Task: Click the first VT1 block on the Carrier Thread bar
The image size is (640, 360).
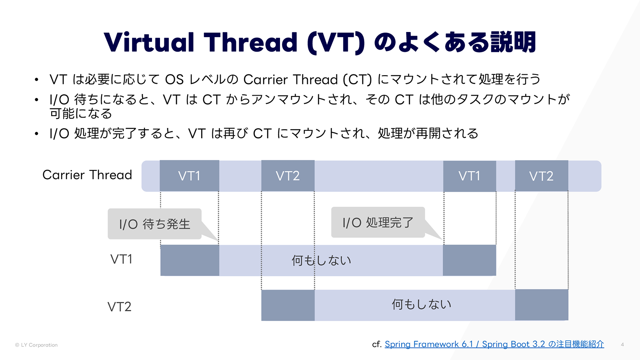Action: coord(189,176)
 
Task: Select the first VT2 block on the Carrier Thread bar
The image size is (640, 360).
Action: coord(288,176)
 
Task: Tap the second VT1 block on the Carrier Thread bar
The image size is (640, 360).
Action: coord(470,176)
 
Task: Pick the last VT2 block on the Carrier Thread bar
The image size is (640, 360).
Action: coord(541,176)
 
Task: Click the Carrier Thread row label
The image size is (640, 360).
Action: coord(87,175)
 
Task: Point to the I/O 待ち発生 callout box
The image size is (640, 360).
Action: coord(154,224)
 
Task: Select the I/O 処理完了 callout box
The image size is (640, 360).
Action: coord(378,222)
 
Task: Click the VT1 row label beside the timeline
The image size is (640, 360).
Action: coord(121,260)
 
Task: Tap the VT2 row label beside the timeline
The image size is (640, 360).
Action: coord(119,307)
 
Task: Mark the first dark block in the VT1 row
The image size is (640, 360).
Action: coord(190,260)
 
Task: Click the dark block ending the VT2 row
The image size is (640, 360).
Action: coord(542,305)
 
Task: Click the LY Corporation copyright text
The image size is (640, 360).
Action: coord(36,345)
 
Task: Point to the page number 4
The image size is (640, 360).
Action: coord(622,344)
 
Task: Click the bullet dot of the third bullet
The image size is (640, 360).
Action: coord(36,134)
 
